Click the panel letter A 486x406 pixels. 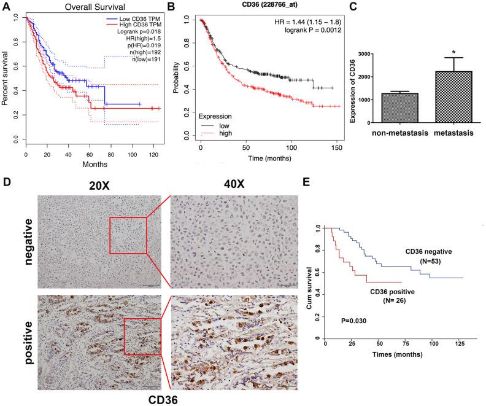(x=5, y=6)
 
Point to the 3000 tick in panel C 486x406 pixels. (x=364, y=54)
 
